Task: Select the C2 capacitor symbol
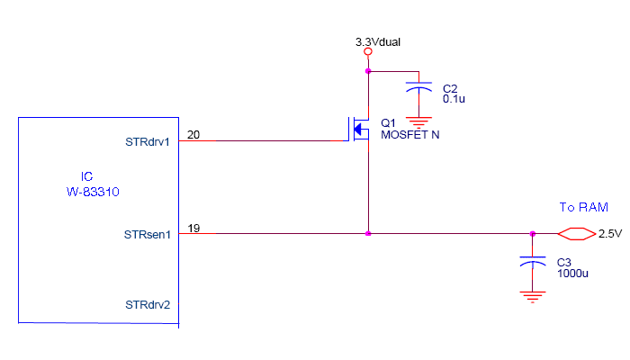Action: pos(418,88)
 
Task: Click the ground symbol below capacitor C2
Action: pos(418,119)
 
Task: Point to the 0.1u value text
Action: pos(454,98)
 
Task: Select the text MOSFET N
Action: pos(409,135)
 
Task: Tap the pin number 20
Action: pos(193,135)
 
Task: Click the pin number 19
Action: pos(193,229)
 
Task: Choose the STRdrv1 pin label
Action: pos(148,142)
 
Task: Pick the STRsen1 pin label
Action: pos(148,234)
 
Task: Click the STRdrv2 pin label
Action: pos(148,305)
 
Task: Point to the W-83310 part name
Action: pos(94,192)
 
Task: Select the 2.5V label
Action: pos(610,234)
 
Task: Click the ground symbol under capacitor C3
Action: pos(533,294)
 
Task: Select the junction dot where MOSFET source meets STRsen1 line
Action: pos(367,234)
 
